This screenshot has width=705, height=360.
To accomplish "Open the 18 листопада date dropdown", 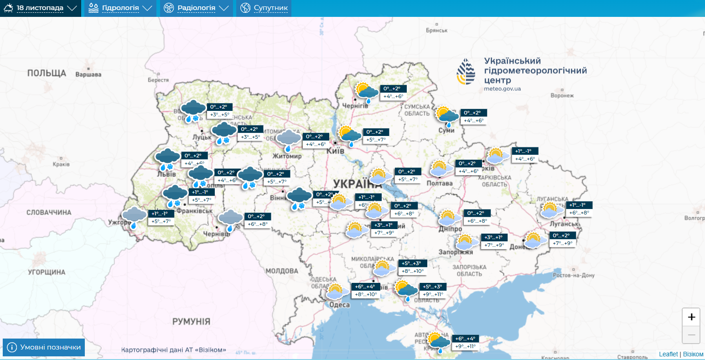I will click(40, 8).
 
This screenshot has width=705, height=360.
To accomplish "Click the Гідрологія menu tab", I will click(120, 8).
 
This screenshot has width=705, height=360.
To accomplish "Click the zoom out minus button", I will click(691, 335).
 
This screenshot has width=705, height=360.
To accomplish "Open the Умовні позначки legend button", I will click(44, 347).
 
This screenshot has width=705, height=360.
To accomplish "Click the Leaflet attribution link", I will click(668, 354).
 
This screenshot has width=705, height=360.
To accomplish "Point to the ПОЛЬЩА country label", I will click(47, 73).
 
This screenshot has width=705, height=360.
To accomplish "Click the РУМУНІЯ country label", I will click(191, 321).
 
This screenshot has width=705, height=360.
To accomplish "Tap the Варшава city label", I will click(88, 74).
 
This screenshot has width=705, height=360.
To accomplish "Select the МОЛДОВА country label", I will click(281, 271).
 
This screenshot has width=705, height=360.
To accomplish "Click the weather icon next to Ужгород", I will click(134, 216).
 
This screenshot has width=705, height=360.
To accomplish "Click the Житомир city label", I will click(287, 156).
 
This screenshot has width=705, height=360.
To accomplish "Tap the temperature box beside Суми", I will click(474, 117).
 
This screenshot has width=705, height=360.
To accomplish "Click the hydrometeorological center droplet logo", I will click(466, 72).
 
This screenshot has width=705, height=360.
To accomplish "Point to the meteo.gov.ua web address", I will click(502, 89).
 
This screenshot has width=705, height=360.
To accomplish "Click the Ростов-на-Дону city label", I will click(574, 276).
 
